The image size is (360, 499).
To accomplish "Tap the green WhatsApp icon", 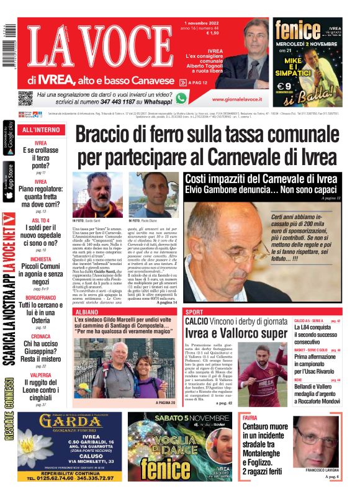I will coord(181,98).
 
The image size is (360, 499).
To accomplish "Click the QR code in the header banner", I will coord(25,97).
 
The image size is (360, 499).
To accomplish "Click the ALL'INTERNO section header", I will coord(41,130).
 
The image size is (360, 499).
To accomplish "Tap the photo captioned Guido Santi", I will coord(97,194).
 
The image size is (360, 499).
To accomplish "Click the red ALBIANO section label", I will coord(86,311).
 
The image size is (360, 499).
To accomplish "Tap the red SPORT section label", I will coord(195,311).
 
